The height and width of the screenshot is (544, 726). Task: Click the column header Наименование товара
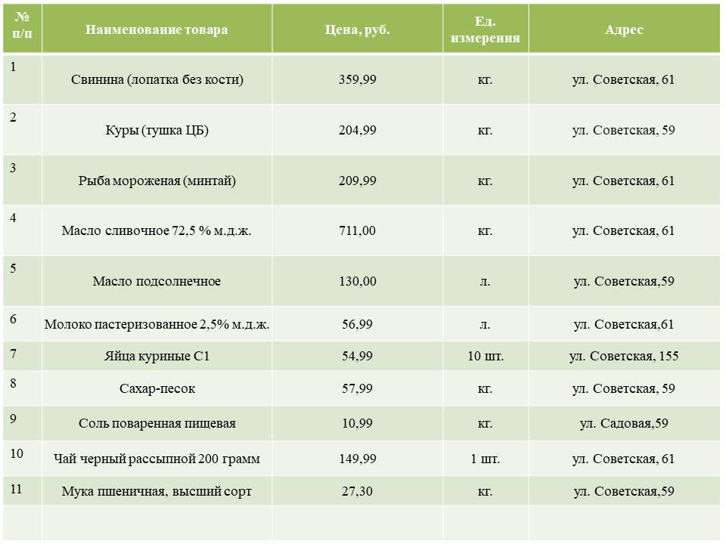(x=157, y=30)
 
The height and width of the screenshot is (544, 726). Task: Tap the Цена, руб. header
(x=357, y=30)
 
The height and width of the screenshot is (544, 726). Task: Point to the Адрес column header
(x=624, y=30)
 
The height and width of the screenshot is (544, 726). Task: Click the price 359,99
(x=357, y=79)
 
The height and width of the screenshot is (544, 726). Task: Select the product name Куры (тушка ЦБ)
(x=157, y=130)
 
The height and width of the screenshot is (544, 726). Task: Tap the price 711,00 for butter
(x=357, y=230)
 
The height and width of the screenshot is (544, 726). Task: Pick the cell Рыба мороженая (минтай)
(x=157, y=181)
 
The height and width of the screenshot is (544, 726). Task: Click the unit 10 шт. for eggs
(x=485, y=356)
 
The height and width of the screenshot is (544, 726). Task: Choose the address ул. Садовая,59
(x=624, y=423)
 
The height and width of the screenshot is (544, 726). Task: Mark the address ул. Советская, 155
(x=624, y=356)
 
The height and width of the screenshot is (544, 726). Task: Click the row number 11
(x=17, y=488)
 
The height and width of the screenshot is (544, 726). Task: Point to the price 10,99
(x=357, y=423)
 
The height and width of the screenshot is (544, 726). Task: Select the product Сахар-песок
(x=157, y=388)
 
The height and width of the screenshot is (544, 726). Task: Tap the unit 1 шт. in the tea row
(x=485, y=459)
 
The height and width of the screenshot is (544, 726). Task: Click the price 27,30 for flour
(x=357, y=491)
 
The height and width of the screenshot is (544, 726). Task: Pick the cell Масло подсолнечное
(x=157, y=281)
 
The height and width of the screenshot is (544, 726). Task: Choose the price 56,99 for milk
(x=357, y=324)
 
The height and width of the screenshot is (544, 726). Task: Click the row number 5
(x=14, y=268)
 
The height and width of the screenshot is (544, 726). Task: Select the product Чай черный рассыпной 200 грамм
(x=157, y=459)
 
